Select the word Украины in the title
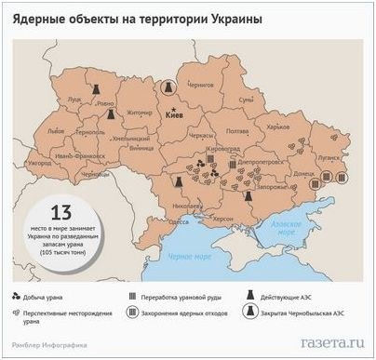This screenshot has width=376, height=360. (233, 19)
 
